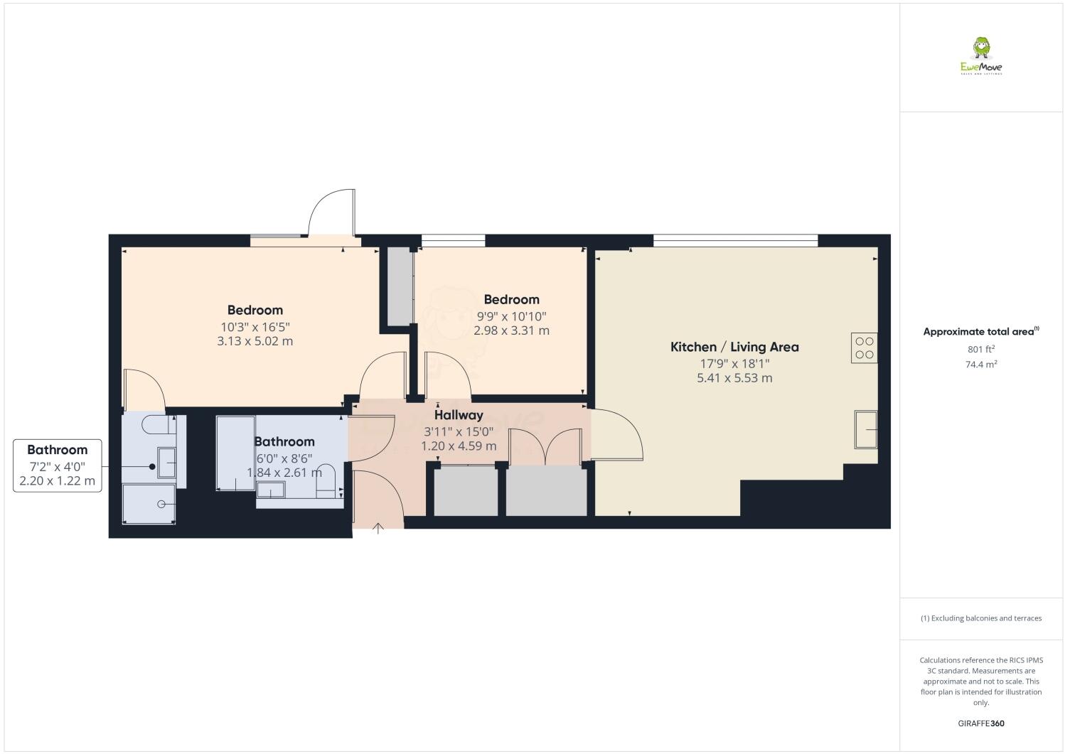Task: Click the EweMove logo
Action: tap(981, 56)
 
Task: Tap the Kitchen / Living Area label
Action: tap(734, 347)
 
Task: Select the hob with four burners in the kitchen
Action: tap(864, 348)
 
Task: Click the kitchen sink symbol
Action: tap(865, 429)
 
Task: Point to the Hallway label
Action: tap(459, 415)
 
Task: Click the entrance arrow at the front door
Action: tap(378, 527)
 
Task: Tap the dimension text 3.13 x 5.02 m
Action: tap(255, 341)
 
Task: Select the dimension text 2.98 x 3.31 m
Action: tap(511, 330)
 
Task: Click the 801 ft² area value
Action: tap(980, 349)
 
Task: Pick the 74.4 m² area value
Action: tap(980, 364)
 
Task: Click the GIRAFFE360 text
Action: tap(980, 723)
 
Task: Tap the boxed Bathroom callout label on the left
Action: tap(57, 465)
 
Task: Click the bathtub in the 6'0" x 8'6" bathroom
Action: tap(235, 453)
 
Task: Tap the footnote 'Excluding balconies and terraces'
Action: tap(980, 618)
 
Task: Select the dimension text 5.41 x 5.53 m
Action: tap(734, 378)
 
